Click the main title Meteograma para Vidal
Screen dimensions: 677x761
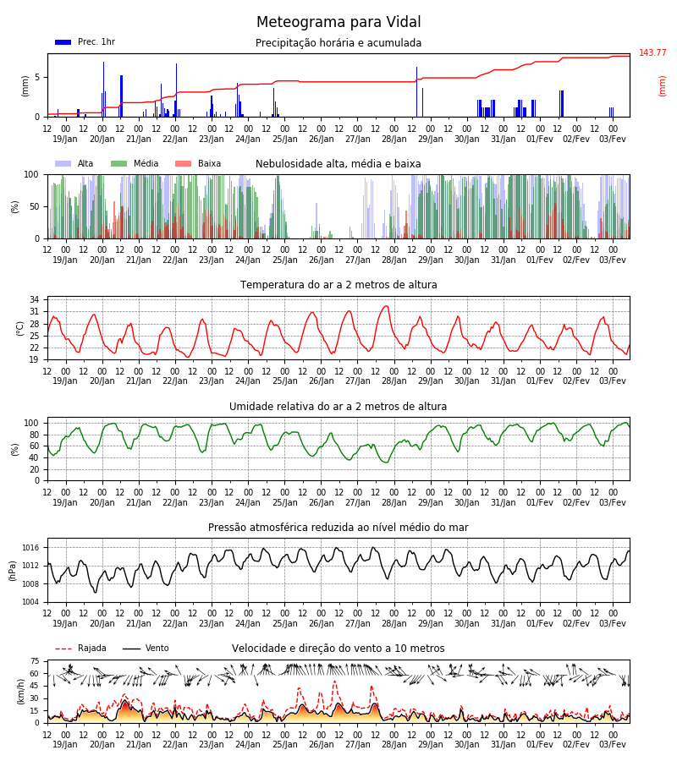pyautogui.click(x=338, y=22)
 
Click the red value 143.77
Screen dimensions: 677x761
pyautogui.click(x=652, y=52)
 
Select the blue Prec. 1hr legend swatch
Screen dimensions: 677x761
pyautogui.click(x=63, y=42)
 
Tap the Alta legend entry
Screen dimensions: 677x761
pyautogui.click(x=74, y=163)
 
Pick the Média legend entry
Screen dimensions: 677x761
pyautogui.click(x=135, y=163)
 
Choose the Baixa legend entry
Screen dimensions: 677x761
pyautogui.click(x=198, y=163)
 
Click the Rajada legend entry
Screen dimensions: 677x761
pyautogui.click(x=80, y=648)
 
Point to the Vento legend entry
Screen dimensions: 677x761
pyautogui.click(x=146, y=648)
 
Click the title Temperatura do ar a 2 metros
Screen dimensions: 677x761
pyautogui.click(x=338, y=285)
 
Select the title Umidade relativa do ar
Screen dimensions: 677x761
pyautogui.click(x=338, y=406)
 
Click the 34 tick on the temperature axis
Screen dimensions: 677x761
pyautogui.click(x=34, y=299)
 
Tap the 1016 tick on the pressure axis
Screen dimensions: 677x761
pyautogui.click(x=30, y=548)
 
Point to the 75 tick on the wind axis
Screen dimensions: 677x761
pyautogui.click(x=35, y=661)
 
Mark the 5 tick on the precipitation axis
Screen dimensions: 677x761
pyautogui.click(x=37, y=77)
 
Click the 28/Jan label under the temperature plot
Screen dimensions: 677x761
pyautogui.click(x=394, y=381)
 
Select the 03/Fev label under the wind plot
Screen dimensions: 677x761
pyautogui.click(x=613, y=744)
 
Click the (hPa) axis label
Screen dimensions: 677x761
pyautogui.click(x=13, y=571)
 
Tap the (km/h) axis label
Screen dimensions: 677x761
pyautogui.click(x=20, y=692)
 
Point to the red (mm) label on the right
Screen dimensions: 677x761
pyautogui.click(x=662, y=86)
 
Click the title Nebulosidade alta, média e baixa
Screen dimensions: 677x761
pyautogui.click(x=338, y=164)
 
